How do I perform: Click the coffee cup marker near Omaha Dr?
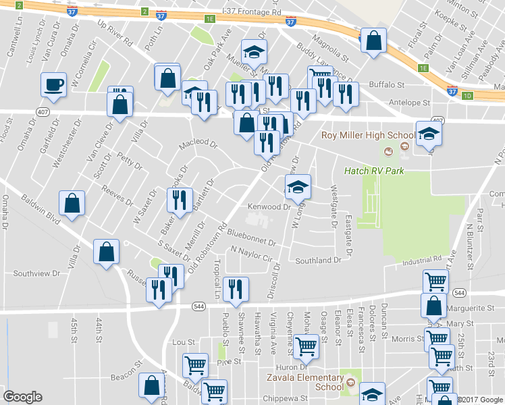(x=54, y=85)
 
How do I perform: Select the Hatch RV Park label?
(x=374, y=171)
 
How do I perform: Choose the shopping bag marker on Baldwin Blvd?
(x=72, y=203)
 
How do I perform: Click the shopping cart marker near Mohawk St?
(x=307, y=347)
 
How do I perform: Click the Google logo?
(x=23, y=397)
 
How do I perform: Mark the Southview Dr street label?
(x=37, y=273)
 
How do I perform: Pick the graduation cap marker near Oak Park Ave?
(x=254, y=51)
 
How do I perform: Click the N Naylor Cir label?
(x=250, y=254)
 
